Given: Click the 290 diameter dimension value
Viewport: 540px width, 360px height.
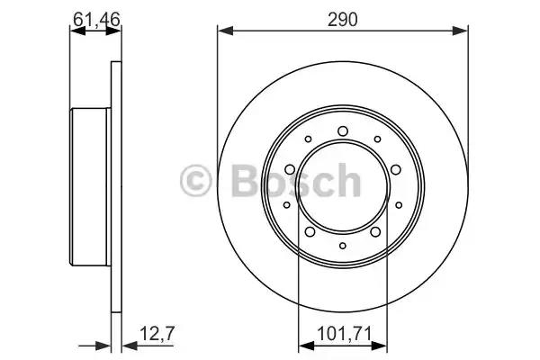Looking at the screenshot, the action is point(343,20).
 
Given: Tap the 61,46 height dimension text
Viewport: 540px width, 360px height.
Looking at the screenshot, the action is point(96,19).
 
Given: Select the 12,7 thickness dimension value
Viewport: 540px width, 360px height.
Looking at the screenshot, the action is point(157,333).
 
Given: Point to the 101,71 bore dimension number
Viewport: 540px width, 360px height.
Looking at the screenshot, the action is point(344,334).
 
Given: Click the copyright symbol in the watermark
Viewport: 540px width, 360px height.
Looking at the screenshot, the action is point(195,181).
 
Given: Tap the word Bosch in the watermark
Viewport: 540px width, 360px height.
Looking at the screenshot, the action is point(296,180).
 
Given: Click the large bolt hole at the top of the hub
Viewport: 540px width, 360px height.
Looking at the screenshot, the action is point(343,130).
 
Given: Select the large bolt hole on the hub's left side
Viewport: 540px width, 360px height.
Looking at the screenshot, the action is point(290,169).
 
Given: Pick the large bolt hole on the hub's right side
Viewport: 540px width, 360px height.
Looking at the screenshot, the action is point(396,169).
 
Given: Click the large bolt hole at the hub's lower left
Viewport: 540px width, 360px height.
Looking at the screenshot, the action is point(310,231).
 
